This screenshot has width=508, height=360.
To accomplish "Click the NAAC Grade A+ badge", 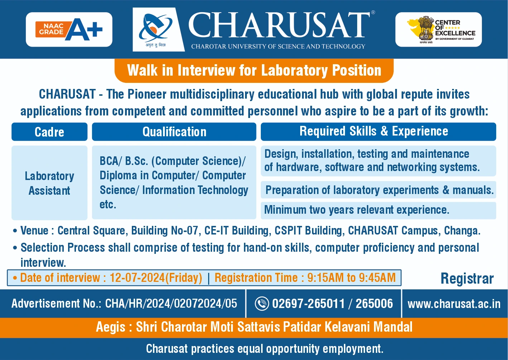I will [69, 29].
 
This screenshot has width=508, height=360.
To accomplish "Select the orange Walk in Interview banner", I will [254, 70].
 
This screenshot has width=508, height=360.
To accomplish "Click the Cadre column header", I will [49, 132].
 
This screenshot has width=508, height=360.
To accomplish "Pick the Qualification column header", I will [174, 132].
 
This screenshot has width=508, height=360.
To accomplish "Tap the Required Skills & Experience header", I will [374, 131].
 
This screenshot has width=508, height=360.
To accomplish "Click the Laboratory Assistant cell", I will [49, 183].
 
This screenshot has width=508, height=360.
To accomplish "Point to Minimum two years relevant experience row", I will [356, 210].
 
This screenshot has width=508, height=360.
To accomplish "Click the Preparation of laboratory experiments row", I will [379, 190].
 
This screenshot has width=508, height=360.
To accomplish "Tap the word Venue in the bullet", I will [34, 231].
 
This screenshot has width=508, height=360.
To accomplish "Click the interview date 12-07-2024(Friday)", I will [156, 278].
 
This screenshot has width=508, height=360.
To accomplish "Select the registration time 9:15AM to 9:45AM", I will [351, 278].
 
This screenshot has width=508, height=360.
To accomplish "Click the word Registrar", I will [467, 279].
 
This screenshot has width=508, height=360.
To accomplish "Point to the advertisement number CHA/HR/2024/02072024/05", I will [171, 304].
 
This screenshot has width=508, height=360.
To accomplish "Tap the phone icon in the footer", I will [262, 304].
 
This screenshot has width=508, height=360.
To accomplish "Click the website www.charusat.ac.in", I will [454, 304].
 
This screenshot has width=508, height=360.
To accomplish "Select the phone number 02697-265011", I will [308, 304].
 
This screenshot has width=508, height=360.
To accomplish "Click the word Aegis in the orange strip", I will [110, 327].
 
